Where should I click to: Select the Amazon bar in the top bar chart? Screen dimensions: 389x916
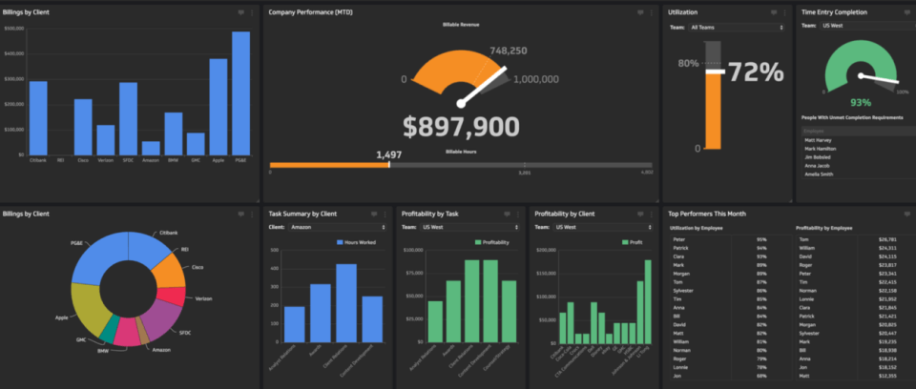coord(150,148)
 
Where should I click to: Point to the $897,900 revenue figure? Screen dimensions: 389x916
coord(461,128)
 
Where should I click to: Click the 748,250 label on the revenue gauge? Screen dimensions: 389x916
coord(509,51)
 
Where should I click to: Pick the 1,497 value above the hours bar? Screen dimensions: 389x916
coord(389,154)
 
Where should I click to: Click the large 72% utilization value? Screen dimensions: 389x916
coord(757,72)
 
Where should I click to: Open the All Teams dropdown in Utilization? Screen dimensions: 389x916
coord(736,28)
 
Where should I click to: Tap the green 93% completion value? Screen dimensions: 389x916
coord(861,102)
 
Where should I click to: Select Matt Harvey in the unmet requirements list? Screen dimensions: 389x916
coord(819,139)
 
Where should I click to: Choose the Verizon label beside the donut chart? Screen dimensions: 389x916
coord(203,298)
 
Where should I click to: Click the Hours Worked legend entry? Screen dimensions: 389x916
coord(356,243)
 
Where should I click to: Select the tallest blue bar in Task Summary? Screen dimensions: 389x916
coord(346,302)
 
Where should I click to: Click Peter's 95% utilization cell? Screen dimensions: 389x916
coord(761,239)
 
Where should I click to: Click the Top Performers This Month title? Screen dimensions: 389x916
coord(706,214)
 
